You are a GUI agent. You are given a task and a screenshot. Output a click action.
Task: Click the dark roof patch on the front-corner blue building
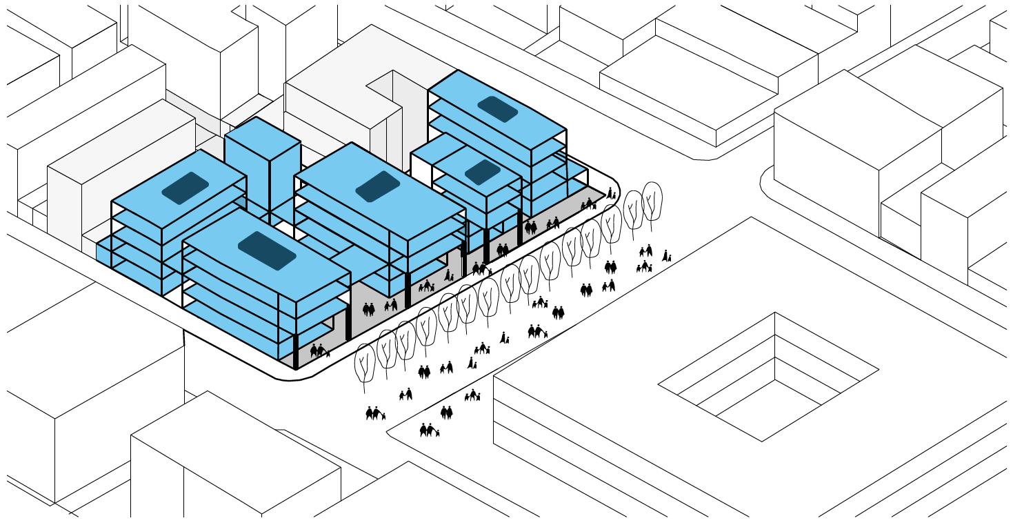pos(267,250)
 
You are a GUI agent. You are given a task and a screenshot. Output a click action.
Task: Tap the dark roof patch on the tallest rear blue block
pos(497,108)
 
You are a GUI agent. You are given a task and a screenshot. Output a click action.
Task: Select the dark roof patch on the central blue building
pos(377,186)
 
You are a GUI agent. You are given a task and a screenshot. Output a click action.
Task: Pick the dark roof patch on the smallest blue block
pos(482,172)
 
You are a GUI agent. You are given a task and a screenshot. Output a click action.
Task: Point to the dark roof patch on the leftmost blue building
pos(185,188)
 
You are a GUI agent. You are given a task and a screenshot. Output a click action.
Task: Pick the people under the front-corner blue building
pos(319,351)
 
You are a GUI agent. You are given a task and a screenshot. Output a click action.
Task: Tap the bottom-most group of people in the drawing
pos(428,431)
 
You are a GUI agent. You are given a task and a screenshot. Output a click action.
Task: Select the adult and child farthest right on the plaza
pos(667,256)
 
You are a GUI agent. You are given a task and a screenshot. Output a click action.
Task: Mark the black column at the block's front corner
pos(297,352)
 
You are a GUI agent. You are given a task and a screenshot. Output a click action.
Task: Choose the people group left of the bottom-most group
pos(374,414)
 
